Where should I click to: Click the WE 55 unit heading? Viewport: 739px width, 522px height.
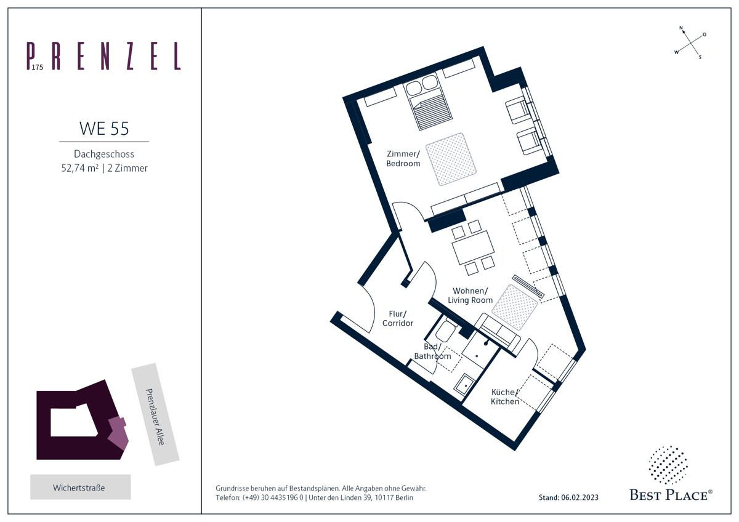[104, 128]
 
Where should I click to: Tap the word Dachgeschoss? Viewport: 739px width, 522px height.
[104, 154]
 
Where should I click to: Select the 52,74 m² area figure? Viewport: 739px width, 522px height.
[80, 168]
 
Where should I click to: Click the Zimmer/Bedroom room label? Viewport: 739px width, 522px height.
[403, 158]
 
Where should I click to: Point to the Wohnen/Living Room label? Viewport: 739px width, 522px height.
[470, 295]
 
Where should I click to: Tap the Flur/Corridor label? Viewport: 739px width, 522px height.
[398, 318]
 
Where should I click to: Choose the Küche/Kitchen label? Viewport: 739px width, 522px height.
[505, 396]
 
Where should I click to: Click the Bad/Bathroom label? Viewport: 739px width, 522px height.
[432, 351]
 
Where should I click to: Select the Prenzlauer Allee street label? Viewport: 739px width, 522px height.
[155, 417]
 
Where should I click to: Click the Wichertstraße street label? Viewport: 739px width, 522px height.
[79, 488]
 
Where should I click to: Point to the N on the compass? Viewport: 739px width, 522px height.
[681, 28]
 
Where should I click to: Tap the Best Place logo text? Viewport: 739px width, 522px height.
[671, 496]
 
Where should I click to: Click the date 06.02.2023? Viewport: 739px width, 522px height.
[579, 497]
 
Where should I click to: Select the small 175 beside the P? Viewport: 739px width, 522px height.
[38, 67]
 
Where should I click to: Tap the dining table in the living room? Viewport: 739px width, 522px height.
[473, 247]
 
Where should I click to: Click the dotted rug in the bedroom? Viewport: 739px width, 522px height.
[451, 159]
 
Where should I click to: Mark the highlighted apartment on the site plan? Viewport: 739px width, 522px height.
[118, 433]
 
